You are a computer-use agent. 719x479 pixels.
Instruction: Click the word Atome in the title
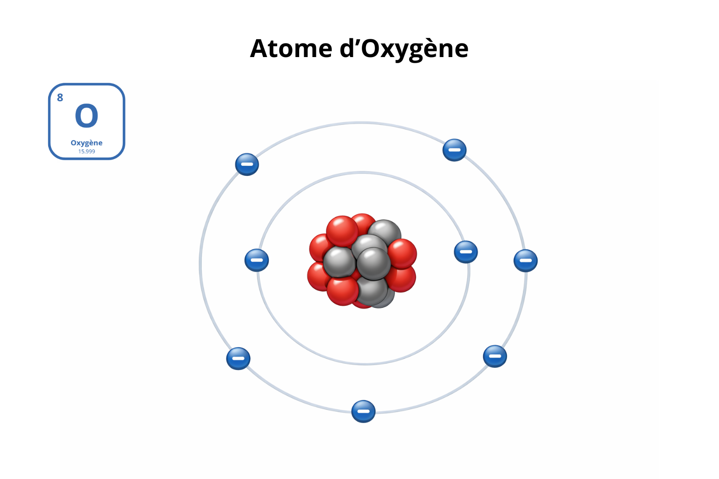click(291, 49)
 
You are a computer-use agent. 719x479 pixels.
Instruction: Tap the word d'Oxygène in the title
click(404, 50)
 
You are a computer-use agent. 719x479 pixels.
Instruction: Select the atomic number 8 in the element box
click(60, 98)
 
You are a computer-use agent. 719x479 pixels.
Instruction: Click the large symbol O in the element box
click(86, 116)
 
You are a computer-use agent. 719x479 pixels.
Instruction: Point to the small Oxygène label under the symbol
click(87, 143)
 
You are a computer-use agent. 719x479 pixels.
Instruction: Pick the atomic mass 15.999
click(87, 152)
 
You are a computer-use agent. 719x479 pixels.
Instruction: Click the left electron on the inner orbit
click(257, 260)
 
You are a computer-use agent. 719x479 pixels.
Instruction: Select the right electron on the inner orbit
click(466, 252)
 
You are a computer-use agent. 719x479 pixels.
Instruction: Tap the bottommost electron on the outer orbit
click(363, 411)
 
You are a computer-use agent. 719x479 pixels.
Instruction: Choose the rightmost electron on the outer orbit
click(526, 261)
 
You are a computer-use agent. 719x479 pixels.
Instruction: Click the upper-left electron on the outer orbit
click(247, 164)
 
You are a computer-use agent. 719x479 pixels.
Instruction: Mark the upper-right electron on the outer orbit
click(454, 150)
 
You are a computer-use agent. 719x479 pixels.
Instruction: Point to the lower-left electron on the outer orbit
click(238, 358)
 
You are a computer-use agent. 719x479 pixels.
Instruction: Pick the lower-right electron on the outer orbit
click(495, 356)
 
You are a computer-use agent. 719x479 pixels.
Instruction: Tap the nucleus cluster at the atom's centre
click(362, 261)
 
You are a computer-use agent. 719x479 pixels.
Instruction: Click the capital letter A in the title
click(260, 49)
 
